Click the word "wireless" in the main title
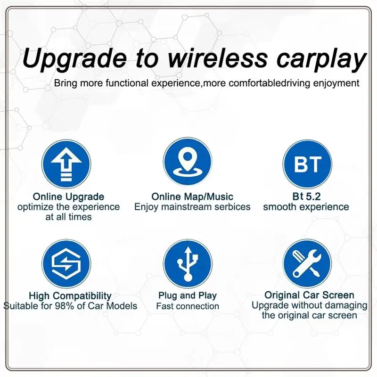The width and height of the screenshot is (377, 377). tap(203, 60)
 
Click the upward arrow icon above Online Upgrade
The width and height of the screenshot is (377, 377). tap(66, 164)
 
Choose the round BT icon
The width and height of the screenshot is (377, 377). tap(307, 164)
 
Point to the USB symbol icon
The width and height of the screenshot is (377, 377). tap(188, 264)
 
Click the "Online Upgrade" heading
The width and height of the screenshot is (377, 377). tap(68, 197)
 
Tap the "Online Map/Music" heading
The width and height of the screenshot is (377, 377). tap(192, 197)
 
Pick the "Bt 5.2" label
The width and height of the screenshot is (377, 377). tap(306, 197)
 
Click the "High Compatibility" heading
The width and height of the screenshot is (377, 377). tap(70, 296)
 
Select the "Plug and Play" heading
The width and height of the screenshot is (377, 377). tap(188, 296)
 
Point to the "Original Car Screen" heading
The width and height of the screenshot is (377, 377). tap(309, 295)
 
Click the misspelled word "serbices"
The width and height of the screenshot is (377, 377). tap(229, 207)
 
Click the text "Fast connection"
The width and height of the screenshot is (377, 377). tap(188, 306)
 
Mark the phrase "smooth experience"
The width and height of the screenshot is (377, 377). tap(306, 207)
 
